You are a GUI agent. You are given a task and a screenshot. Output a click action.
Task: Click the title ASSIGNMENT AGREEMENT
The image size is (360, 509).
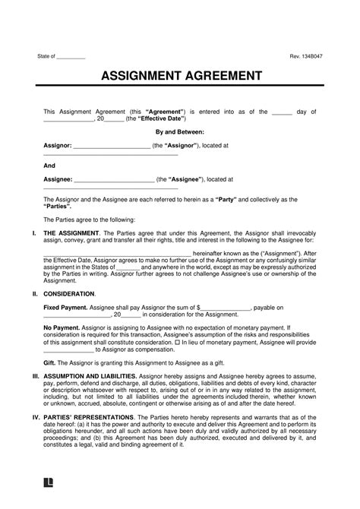(x=179, y=78)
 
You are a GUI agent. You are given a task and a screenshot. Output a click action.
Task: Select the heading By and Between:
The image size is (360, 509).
(x=180, y=131)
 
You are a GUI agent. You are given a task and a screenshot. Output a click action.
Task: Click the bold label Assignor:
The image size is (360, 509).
(x=58, y=144)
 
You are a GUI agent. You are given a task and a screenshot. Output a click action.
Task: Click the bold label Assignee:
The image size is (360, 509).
(x=58, y=179)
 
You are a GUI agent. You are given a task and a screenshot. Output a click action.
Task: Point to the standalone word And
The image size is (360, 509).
(x=49, y=164)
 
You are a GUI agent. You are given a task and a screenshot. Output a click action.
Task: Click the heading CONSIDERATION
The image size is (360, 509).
(x=69, y=292)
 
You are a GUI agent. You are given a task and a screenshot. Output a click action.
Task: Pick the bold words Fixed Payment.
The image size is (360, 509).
(x=65, y=308)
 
